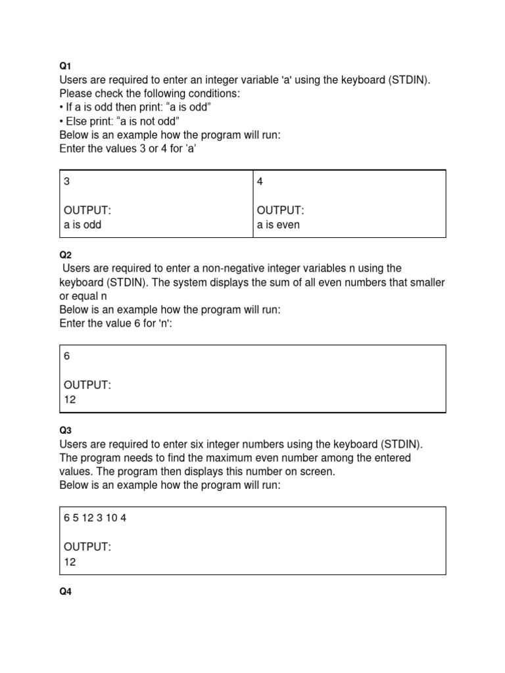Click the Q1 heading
tap(65, 66)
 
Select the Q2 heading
tap(65, 254)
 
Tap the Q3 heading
tap(65, 430)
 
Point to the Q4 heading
tap(65, 592)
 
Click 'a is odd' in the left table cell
tap(83, 224)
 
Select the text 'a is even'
tap(278, 224)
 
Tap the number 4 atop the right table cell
tap(260, 181)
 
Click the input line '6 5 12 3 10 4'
tap(95, 517)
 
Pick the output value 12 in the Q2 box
tap(70, 399)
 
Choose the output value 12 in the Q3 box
tap(70, 561)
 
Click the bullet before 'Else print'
tap(62, 121)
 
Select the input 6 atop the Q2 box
tap(67, 356)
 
